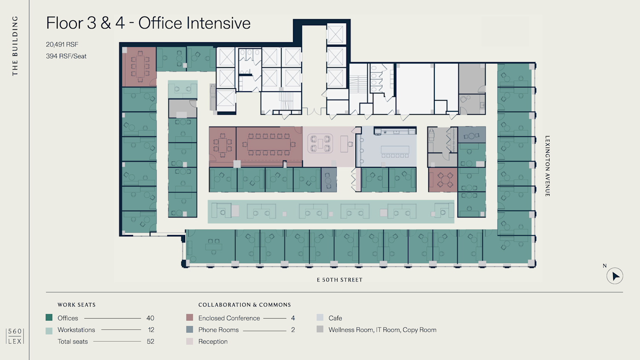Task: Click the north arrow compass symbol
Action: pyautogui.click(x=614, y=276)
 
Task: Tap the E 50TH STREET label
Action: pyautogui.click(x=340, y=280)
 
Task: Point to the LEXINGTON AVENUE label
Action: pyautogui.click(x=547, y=166)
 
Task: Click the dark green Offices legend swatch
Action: pyautogui.click(x=49, y=317)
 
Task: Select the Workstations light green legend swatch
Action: pyautogui.click(x=49, y=331)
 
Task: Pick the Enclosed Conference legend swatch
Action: pyautogui.click(x=189, y=317)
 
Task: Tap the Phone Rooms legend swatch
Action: pyautogui.click(x=189, y=329)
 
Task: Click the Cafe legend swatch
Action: pyautogui.click(x=320, y=317)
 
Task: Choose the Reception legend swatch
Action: pyautogui.click(x=189, y=341)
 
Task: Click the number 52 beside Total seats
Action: pyautogui.click(x=151, y=341)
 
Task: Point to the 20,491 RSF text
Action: pyautogui.click(x=62, y=44)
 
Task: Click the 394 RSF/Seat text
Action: pyautogui.click(x=66, y=56)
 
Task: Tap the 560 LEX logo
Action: pyautogui.click(x=15, y=336)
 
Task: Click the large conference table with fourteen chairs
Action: pyautogui.click(x=269, y=144)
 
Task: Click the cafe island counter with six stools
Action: pyautogui.click(x=395, y=151)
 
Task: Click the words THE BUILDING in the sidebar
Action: pyautogui.click(x=15, y=46)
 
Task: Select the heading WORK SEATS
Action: pyautogui.click(x=76, y=305)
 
